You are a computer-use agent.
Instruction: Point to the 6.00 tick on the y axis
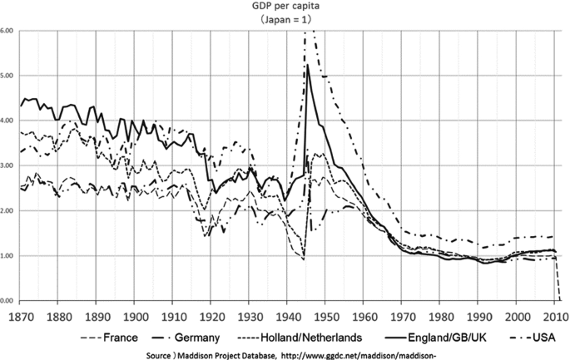[7, 31]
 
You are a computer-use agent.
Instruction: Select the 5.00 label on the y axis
[7, 76]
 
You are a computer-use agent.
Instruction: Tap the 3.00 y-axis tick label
[7, 165]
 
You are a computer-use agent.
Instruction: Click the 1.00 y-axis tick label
[7, 255]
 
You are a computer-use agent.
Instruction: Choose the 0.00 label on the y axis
[7, 300]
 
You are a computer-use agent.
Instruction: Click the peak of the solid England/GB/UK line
[308, 65]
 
